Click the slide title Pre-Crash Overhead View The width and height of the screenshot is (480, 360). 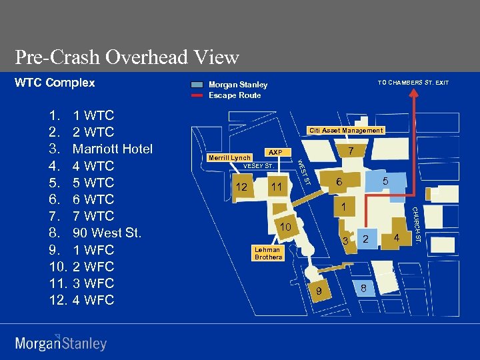(127, 57)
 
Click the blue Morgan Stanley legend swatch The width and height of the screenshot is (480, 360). (197, 85)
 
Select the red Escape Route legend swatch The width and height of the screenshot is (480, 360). (197, 95)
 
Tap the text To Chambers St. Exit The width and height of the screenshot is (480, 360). (413, 83)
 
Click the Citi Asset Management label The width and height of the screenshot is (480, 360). (345, 131)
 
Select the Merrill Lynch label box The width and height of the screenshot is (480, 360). (229, 158)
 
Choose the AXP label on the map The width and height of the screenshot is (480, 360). (275, 152)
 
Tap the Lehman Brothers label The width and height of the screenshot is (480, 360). (268, 253)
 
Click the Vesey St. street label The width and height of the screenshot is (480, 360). (257, 165)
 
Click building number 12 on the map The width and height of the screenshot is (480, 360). (241, 187)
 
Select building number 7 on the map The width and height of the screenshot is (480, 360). (350, 151)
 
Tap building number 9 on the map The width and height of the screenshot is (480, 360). (319, 291)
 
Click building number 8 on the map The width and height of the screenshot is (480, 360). (363, 287)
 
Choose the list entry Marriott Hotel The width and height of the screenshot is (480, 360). (112, 149)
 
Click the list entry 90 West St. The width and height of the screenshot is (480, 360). (107, 233)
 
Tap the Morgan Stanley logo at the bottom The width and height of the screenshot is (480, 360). (61, 343)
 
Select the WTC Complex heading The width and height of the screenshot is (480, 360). (55, 83)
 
